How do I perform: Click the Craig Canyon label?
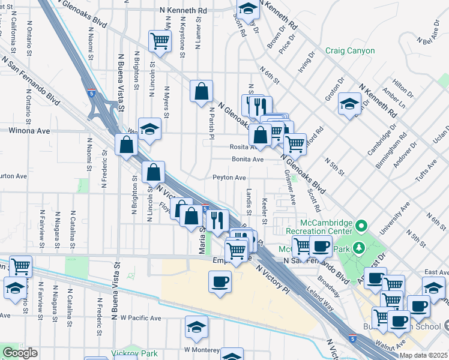point(350,52)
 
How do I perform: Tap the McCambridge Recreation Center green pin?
point(361,227)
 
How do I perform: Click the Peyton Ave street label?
point(229,178)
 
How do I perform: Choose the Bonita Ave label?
point(248,160)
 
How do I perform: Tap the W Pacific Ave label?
point(140,317)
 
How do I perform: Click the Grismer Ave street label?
point(289,188)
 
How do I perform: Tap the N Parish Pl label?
point(211,123)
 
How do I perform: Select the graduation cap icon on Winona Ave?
point(149,128)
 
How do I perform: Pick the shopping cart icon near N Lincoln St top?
point(160,40)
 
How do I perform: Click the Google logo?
point(20,353)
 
